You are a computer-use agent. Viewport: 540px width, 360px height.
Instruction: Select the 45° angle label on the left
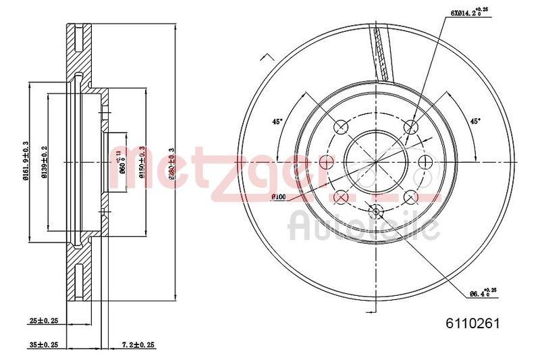tap(277, 122)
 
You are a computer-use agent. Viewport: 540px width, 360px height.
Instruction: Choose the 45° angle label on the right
tap(475, 122)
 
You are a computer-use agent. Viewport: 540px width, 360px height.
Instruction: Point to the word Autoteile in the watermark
tap(364, 226)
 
